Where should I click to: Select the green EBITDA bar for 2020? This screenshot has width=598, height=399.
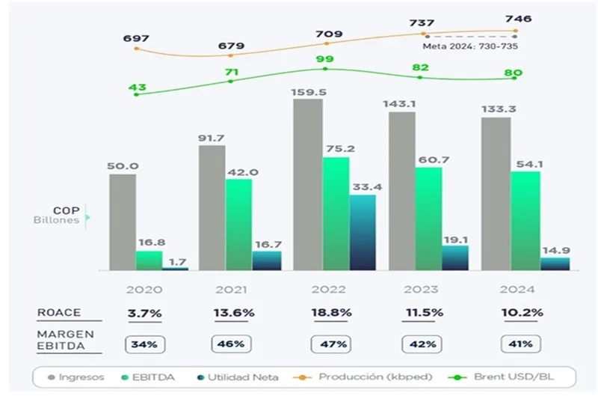click(x=148, y=261)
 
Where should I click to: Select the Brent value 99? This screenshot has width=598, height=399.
click(x=324, y=59)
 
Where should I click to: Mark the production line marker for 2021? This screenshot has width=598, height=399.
click(x=231, y=55)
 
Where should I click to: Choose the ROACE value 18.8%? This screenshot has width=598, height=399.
click(x=330, y=314)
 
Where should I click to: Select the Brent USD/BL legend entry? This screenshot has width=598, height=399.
click(x=505, y=377)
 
